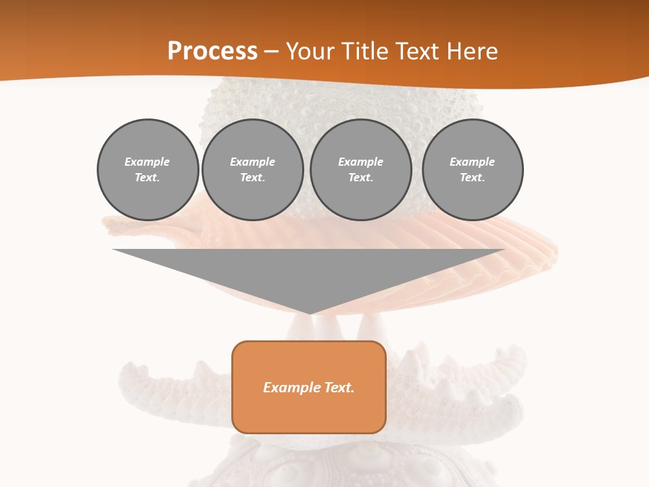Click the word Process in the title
[212, 51]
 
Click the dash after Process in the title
[272, 52]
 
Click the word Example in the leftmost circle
[147, 162]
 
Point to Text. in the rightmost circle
[473, 177]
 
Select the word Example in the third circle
[361, 162]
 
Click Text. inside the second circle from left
[253, 177]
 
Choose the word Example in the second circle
[253, 162]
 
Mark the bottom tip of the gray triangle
[310, 312]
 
